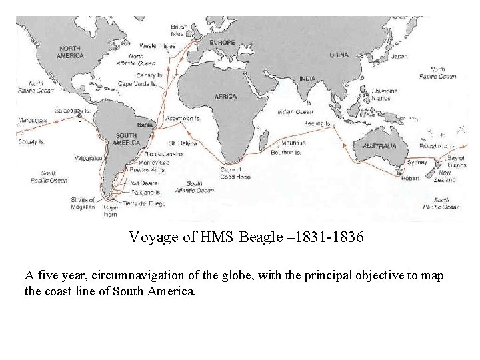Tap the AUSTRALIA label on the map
point(379,146)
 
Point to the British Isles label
point(179,30)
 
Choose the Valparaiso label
point(88,159)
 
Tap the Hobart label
point(410,178)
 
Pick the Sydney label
point(417,162)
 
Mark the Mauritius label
point(293,143)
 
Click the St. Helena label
point(181,143)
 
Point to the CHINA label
point(339,55)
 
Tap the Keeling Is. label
point(319,123)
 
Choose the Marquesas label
point(32,121)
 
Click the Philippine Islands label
point(385,94)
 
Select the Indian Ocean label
point(295,112)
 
